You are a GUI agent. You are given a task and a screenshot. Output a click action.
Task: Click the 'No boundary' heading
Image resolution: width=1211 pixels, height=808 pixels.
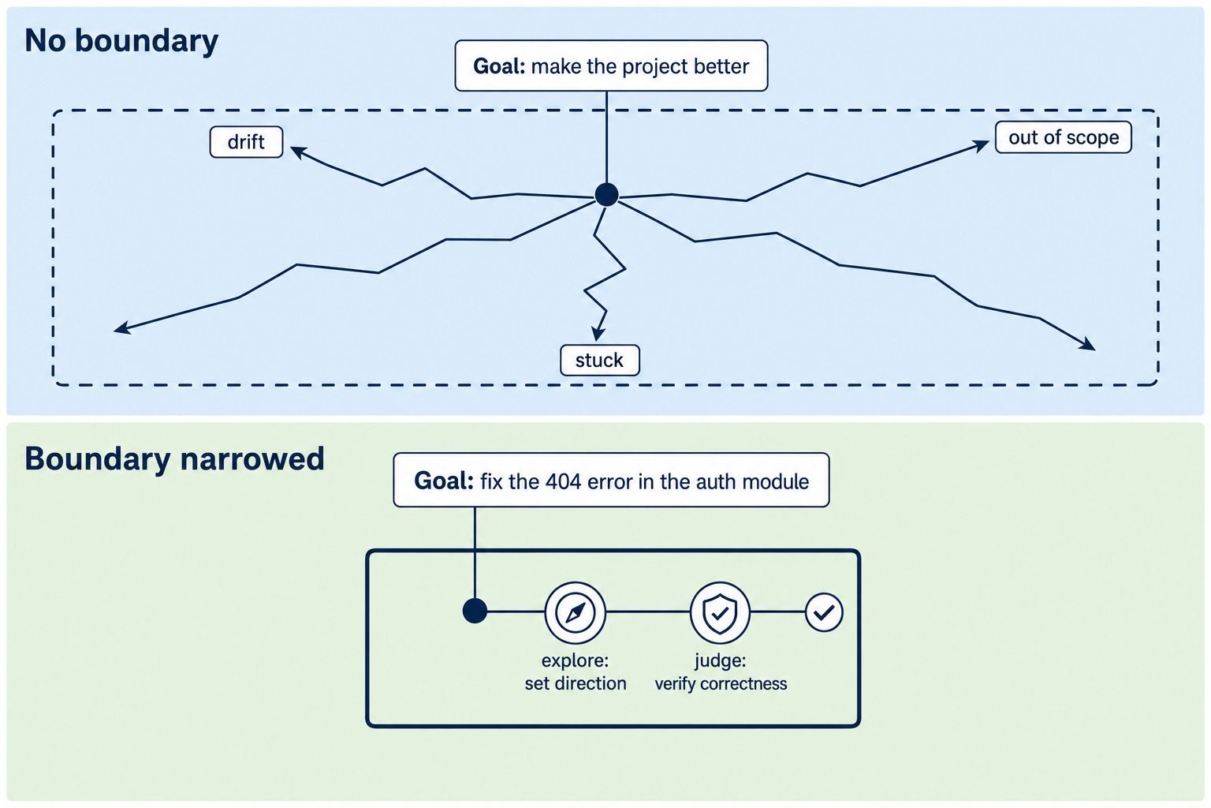tap(121, 41)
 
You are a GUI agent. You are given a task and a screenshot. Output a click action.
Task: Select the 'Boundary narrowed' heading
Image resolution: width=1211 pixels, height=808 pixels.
tap(174, 459)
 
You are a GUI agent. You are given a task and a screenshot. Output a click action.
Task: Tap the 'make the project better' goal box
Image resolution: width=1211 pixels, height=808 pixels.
tap(611, 65)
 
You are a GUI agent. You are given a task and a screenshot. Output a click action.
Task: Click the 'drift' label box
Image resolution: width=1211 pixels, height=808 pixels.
tap(246, 142)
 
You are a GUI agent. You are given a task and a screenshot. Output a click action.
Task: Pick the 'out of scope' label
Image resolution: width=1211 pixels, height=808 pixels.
tap(1064, 137)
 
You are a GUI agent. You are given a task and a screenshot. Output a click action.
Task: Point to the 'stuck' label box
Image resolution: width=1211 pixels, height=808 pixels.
tap(599, 360)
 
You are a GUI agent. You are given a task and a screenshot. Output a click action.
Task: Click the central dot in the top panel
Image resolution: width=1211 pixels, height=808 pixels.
tap(606, 194)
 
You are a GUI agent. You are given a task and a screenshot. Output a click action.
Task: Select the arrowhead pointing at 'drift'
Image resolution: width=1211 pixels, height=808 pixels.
tap(298, 152)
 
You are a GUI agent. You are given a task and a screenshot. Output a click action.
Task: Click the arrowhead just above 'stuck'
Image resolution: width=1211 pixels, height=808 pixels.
tap(598, 333)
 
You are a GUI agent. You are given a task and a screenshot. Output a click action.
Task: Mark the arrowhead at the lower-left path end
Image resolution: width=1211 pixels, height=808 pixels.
tap(121, 327)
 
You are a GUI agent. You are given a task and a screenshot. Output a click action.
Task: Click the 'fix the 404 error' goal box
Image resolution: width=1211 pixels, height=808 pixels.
tap(611, 480)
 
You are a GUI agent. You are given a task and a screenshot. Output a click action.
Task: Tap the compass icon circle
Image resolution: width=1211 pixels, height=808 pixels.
tap(575, 612)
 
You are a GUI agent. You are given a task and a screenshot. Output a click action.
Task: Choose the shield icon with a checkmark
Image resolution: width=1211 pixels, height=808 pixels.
tap(720, 612)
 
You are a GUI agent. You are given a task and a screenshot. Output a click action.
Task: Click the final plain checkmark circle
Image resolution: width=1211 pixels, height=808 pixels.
tap(824, 612)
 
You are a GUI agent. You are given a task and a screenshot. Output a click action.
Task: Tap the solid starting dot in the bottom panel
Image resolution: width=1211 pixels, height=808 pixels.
tap(475, 612)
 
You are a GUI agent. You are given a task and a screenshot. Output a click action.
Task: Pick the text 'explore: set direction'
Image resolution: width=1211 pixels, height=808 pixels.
tap(576, 672)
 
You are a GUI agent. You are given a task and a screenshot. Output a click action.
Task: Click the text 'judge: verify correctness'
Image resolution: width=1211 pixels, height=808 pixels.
tap(721, 672)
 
